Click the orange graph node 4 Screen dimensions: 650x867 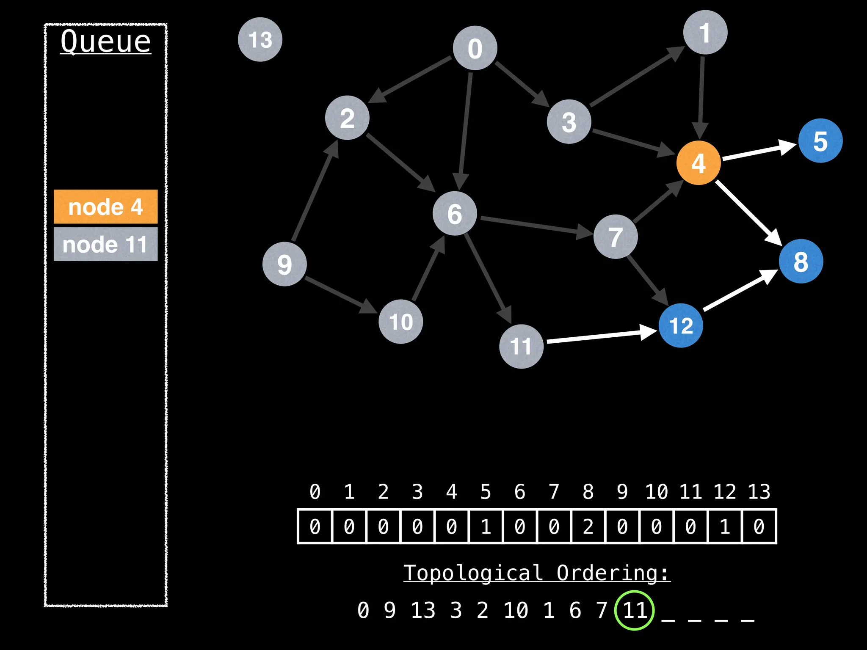[699, 163]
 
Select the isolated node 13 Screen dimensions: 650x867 [260, 39]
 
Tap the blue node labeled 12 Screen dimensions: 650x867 [681, 325]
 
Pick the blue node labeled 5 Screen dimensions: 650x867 [820, 141]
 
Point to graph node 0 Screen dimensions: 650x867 [475, 48]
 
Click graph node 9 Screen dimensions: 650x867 [284, 264]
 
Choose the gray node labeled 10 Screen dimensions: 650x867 [400, 322]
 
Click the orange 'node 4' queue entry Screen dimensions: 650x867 [105, 207]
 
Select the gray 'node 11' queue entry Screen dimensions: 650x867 [105, 244]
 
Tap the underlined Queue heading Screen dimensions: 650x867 [105, 41]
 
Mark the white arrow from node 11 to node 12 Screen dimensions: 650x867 [601, 336]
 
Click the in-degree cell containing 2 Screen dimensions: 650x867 [588, 526]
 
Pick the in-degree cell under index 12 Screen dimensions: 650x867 [725, 526]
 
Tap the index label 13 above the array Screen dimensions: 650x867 [759, 492]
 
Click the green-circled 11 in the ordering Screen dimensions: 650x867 [635, 610]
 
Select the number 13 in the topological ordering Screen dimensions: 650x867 [423, 610]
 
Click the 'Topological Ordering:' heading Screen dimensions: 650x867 [536, 573]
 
